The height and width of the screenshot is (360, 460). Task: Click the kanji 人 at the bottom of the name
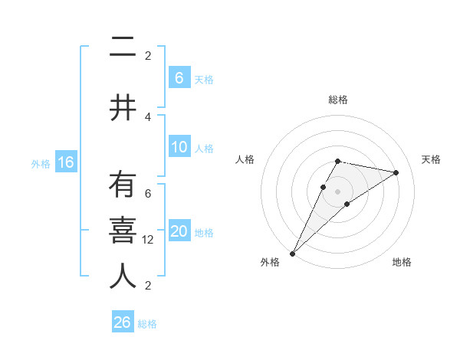123,276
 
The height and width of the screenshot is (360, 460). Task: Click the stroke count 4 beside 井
148,116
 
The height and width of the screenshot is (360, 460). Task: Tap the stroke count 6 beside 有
148,194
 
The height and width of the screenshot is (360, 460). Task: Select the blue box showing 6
179,78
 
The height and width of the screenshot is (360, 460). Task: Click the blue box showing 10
179,148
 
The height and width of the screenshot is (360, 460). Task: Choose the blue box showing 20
179,232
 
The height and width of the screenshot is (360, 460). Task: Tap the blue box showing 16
65,162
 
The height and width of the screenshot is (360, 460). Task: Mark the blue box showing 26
122,322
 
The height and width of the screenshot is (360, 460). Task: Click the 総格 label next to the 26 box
147,324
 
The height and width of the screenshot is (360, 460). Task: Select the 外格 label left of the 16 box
41,163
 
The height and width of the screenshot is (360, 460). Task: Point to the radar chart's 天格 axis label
431,159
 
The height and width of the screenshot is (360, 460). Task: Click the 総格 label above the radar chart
337,100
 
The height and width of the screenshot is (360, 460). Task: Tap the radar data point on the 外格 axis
292,253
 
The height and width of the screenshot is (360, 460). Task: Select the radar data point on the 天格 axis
396,172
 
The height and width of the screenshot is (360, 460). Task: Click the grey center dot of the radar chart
337,191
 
